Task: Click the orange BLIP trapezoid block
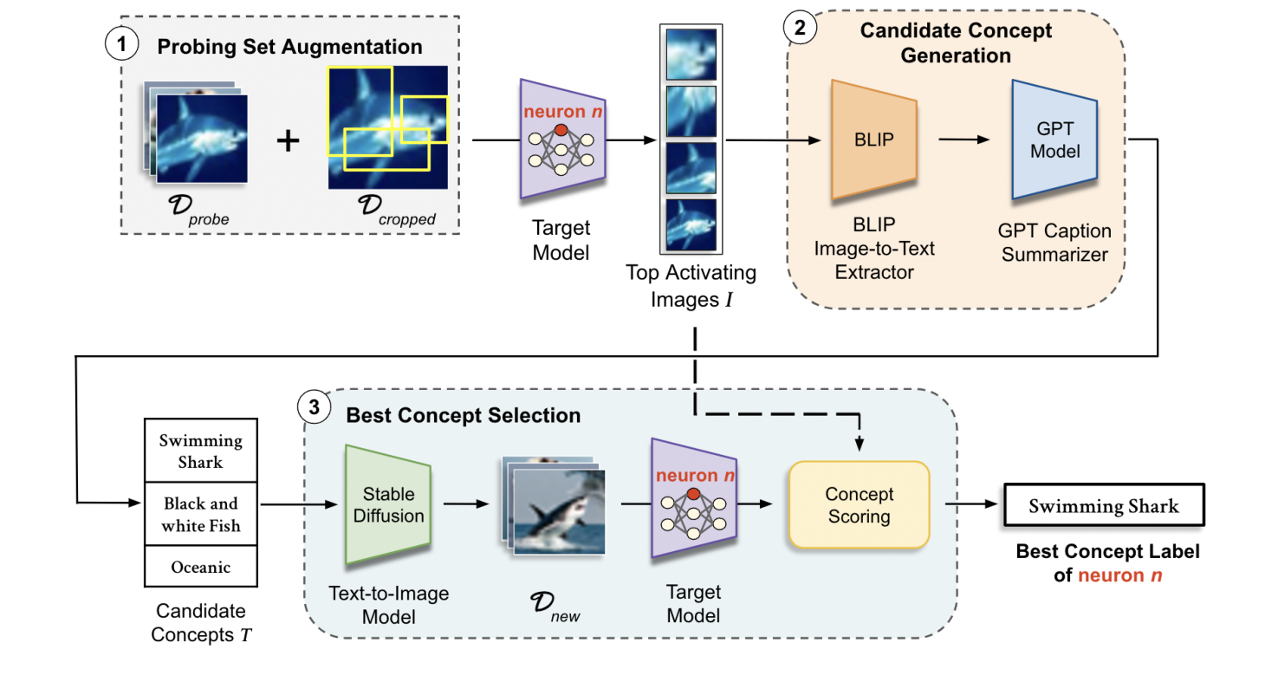click(874, 139)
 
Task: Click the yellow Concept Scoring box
click(858, 505)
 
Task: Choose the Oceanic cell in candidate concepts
click(200, 568)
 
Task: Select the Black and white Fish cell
click(200, 515)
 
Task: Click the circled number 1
click(121, 44)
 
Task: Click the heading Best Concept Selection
click(463, 415)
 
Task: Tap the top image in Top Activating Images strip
click(691, 54)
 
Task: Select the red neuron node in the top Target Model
click(561, 130)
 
